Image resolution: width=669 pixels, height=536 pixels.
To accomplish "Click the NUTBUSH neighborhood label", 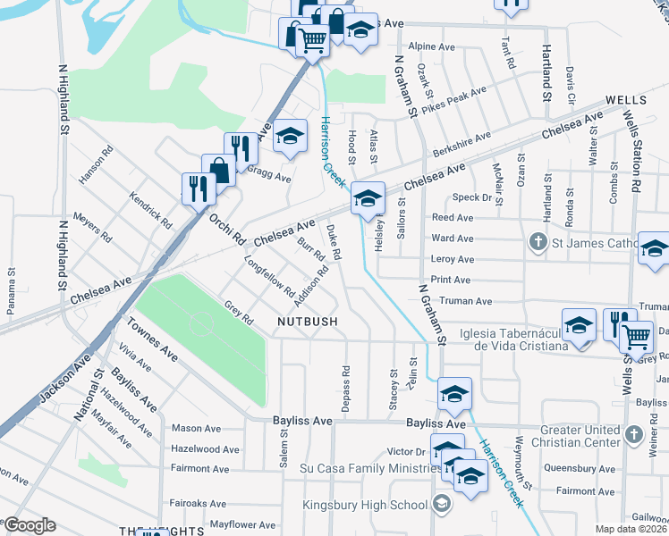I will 307,321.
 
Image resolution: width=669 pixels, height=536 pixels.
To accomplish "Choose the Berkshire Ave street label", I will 462,143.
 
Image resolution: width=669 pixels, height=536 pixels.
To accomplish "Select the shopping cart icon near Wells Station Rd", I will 636,336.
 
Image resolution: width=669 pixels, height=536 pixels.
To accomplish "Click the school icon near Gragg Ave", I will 290,137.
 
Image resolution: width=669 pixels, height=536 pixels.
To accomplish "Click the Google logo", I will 30,525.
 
